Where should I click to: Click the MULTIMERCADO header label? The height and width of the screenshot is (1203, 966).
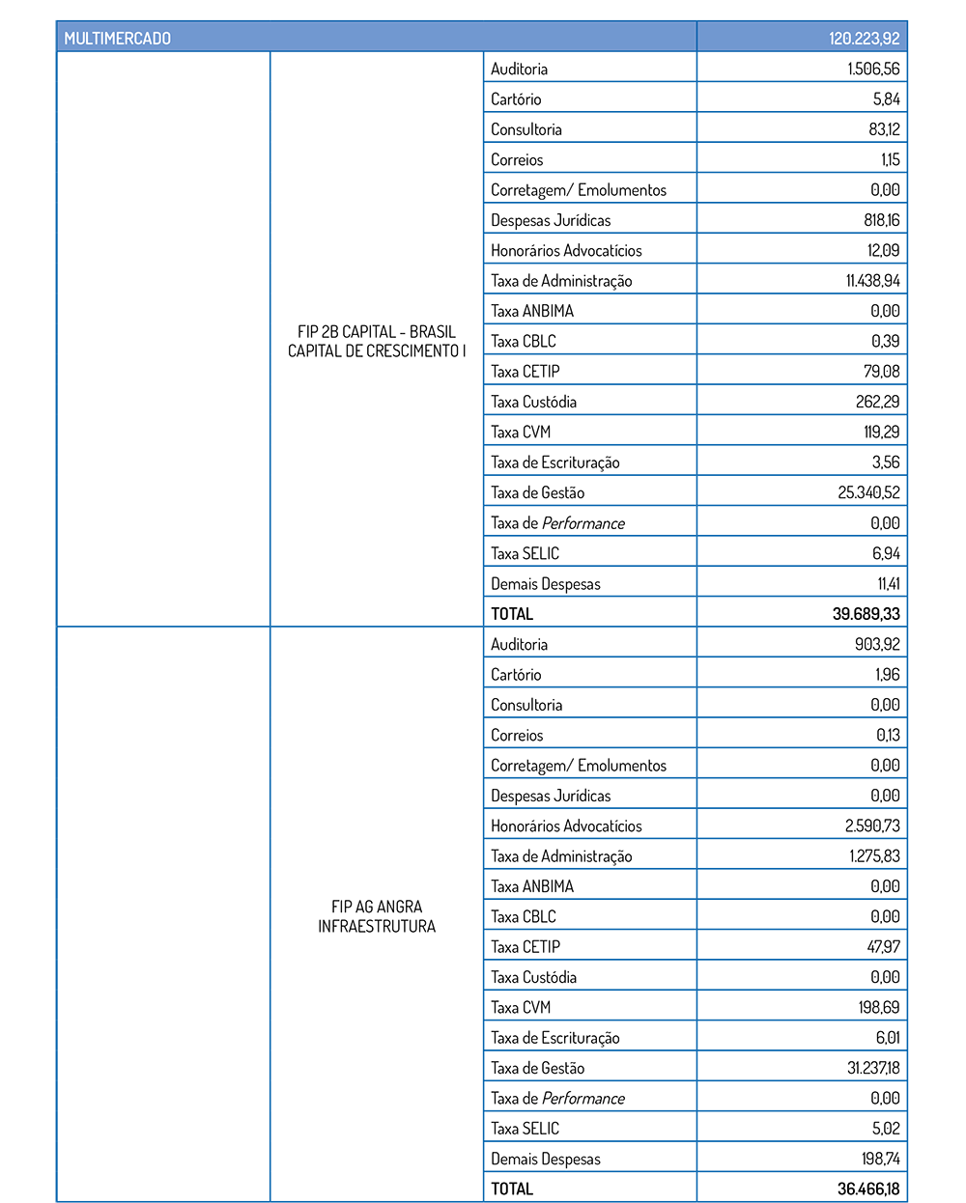117,39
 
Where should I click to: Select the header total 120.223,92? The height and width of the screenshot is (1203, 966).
864,39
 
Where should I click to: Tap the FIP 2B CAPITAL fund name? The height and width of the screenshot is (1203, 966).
377,342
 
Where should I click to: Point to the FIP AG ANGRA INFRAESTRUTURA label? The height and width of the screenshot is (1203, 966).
377,916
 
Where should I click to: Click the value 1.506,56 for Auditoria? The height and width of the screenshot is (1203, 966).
873,70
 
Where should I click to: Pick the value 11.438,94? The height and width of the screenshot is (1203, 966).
872,281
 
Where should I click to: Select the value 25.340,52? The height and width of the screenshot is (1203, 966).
868,492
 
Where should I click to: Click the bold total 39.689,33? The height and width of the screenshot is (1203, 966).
866,614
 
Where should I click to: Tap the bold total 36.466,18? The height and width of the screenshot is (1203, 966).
867,1189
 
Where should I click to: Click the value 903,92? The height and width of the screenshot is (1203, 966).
879,644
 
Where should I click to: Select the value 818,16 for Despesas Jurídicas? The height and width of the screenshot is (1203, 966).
881,220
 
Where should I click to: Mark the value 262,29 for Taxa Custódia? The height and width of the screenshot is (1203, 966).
879,402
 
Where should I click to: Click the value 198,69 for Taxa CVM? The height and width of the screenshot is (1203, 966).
879,1007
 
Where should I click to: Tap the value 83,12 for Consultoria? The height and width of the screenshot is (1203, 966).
884,129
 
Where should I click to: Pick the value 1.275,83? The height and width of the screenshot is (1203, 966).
874,856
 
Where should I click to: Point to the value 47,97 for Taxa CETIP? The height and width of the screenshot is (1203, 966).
883,947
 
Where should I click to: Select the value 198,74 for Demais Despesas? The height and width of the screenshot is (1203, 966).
880,1159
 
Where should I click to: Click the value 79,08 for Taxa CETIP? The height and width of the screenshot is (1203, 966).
882,372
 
